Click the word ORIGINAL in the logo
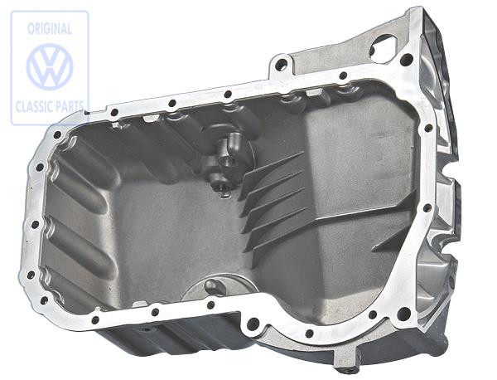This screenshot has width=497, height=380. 50,27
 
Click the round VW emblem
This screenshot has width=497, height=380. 50,67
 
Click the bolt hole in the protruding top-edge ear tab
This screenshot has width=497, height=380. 281,63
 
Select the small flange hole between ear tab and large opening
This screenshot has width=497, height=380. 343,76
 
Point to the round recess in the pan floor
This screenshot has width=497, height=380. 212,289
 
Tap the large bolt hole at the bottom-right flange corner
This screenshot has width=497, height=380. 403,314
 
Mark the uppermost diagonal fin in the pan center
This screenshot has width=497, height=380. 273,162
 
